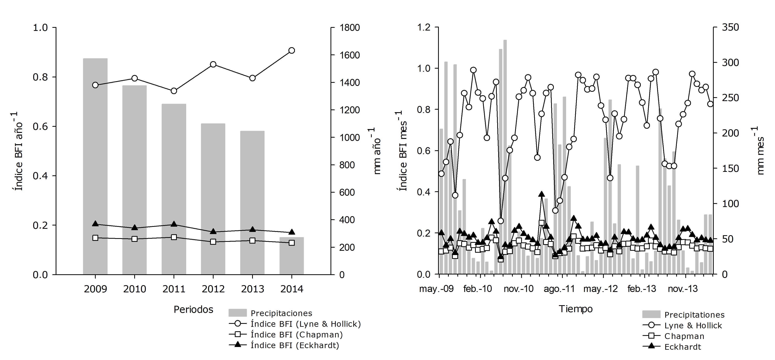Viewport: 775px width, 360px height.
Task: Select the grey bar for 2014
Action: point(292,256)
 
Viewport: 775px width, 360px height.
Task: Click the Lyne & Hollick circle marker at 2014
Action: point(292,50)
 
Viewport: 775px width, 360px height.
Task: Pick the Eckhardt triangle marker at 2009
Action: point(95,224)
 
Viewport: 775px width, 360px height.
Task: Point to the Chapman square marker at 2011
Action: point(174,237)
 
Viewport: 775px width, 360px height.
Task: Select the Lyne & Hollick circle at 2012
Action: point(213,64)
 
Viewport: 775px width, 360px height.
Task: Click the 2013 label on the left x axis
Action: point(252,289)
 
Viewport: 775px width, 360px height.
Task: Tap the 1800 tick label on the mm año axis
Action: point(350,28)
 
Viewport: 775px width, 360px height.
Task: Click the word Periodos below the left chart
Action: point(193,309)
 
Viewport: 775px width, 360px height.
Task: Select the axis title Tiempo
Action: point(576,309)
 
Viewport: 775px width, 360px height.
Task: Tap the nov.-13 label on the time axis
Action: point(683,289)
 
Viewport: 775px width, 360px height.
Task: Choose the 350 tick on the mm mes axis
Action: point(730,27)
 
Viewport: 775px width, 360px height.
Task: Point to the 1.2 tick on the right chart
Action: point(424,27)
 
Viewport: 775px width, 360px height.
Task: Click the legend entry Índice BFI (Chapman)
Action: point(296,335)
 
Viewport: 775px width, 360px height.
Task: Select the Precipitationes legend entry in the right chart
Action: point(694,315)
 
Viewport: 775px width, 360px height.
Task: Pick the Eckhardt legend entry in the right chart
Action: point(683,347)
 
